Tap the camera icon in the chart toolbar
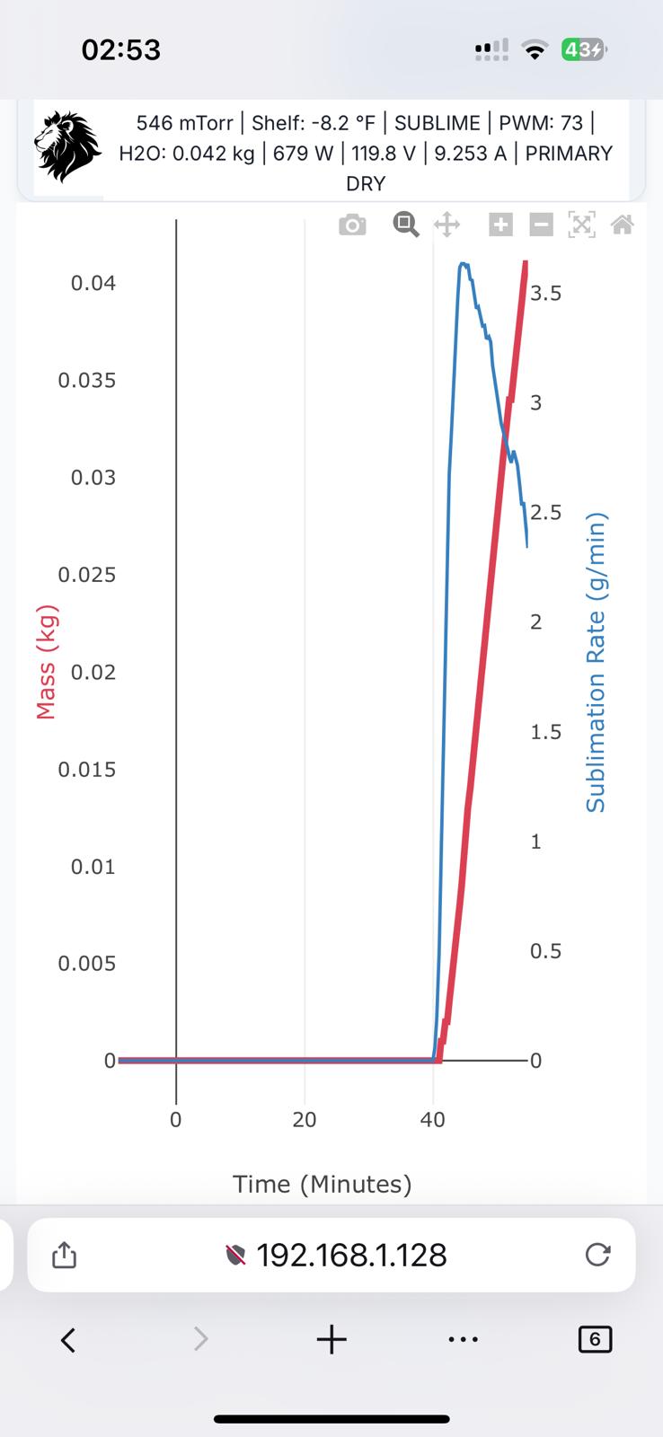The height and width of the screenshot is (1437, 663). point(352,225)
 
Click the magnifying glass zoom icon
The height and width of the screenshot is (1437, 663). point(406,225)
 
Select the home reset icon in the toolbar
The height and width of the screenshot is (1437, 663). point(623,225)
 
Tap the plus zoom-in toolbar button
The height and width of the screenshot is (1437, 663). point(500,225)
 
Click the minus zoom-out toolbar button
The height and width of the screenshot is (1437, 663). point(541,225)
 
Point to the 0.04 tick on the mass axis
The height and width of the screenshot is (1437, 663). point(93,284)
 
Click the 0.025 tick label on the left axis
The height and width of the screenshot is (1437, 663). point(87,575)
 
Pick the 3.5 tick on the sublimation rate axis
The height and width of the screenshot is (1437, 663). point(545,294)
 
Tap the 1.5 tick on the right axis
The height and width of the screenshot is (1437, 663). point(545,732)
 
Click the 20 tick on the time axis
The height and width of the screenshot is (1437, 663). point(305,1120)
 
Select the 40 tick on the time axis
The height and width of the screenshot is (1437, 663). point(433,1120)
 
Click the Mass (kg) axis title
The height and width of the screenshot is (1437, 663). point(45,663)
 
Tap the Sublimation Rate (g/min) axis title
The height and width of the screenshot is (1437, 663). point(596,663)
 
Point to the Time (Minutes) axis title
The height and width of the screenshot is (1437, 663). point(323,1185)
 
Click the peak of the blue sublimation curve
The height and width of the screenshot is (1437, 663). point(463,264)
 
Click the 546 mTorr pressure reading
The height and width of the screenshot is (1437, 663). point(184,123)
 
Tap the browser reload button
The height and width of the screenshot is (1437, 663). point(597,1255)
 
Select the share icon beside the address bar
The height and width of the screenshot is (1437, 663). point(64,1255)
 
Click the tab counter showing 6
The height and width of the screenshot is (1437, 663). point(595,1340)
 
